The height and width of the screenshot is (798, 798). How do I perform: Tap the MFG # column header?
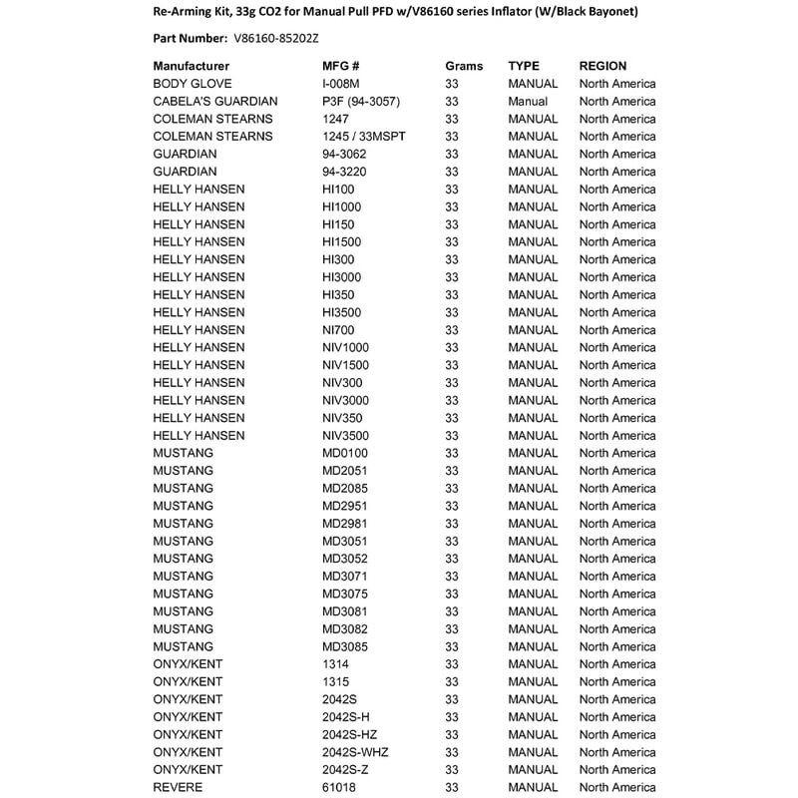tap(340, 66)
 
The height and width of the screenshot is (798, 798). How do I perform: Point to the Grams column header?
tap(464, 66)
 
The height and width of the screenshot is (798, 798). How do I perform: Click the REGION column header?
tap(603, 66)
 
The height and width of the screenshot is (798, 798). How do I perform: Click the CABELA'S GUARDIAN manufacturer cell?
tap(215, 101)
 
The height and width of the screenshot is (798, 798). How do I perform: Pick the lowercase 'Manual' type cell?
tap(529, 101)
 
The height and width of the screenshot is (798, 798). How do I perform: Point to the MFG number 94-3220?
tap(345, 172)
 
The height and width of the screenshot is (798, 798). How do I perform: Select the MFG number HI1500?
tap(341, 241)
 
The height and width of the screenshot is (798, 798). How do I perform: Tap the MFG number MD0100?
tap(345, 453)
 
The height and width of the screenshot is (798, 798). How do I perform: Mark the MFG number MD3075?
tap(345, 594)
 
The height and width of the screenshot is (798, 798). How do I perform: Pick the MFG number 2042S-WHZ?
tap(354, 752)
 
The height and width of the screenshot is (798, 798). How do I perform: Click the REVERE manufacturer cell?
tap(179, 787)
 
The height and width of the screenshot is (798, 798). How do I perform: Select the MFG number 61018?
tap(339, 787)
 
